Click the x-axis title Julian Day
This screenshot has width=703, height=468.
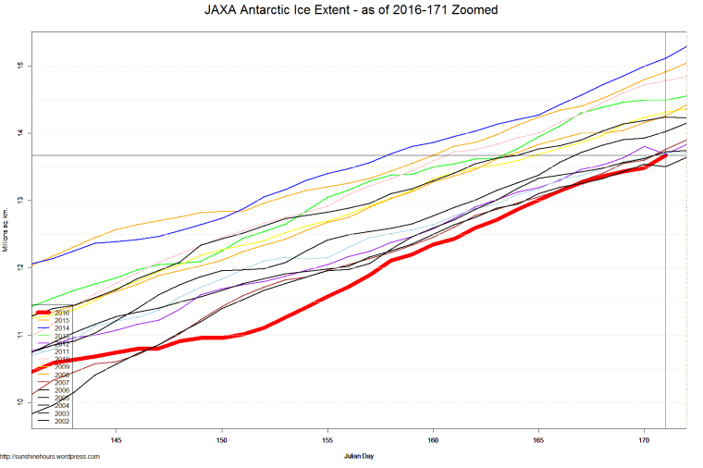[x=359, y=456]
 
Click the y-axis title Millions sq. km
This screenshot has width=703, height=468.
[x=6, y=230]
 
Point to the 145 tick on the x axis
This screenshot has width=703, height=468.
[x=117, y=439]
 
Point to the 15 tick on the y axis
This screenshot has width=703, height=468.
[x=18, y=66]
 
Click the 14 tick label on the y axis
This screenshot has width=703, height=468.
[x=18, y=133]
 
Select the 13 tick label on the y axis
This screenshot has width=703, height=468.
[x=18, y=200]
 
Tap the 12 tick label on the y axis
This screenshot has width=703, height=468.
[x=18, y=267]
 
